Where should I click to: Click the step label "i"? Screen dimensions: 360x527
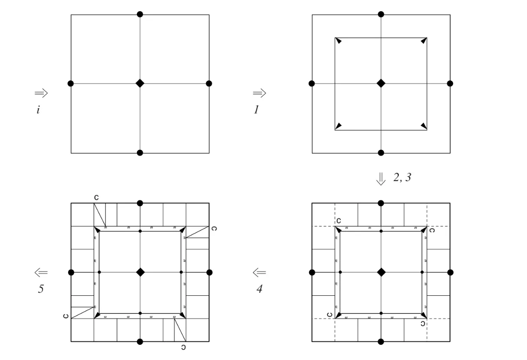[x=38, y=110]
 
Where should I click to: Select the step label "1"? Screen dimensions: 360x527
[x=256, y=110]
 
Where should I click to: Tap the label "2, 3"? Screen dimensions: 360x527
[x=402, y=177]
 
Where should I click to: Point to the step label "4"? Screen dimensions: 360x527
[x=259, y=288]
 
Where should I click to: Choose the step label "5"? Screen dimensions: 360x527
[x=40, y=288]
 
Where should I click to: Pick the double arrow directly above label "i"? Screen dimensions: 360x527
[x=41, y=93]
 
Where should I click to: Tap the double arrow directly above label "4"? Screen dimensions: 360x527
[x=259, y=273]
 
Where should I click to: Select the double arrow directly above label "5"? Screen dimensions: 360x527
[x=41, y=273]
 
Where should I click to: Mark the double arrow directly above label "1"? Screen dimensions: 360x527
[x=259, y=93]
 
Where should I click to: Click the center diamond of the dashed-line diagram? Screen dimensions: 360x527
[x=381, y=272]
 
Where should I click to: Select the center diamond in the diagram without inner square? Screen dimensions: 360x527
[x=140, y=83]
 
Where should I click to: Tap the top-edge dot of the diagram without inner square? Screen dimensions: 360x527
[x=140, y=14]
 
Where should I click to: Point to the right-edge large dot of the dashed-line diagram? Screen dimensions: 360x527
[x=450, y=272]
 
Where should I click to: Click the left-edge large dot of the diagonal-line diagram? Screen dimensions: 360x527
[x=71, y=272]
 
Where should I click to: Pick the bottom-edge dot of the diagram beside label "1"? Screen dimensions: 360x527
[x=381, y=153]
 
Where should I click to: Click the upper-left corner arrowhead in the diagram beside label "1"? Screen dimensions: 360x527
[x=339, y=41]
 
